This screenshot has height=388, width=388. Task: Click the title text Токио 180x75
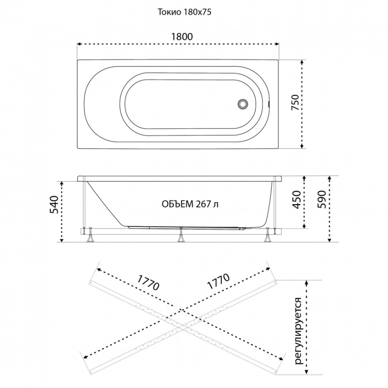tap(185, 13)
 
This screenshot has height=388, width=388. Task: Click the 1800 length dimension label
tap(182, 37)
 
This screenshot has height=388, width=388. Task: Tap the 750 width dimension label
tap(295, 103)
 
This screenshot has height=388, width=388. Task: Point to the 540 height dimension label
tap(54, 205)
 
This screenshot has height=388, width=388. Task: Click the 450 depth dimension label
tap(296, 200)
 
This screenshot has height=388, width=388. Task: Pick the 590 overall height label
tap(322, 200)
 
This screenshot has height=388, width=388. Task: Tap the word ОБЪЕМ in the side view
tap(178, 204)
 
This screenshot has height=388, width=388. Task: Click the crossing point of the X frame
tap(183, 328)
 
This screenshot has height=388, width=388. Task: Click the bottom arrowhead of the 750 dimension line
tap(302, 147)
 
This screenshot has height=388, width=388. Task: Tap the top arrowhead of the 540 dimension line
tap(62, 183)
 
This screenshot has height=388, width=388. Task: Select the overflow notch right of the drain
tap(269, 104)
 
